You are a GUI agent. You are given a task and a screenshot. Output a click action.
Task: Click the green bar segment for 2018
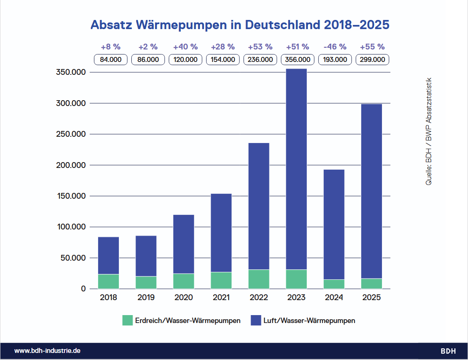(x=108, y=281)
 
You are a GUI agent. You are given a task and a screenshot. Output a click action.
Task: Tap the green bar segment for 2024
(x=334, y=284)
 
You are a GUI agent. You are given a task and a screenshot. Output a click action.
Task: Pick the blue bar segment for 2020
(x=184, y=244)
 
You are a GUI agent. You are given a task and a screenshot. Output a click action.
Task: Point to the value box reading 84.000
(x=111, y=59)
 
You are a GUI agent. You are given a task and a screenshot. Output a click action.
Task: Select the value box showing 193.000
(x=335, y=59)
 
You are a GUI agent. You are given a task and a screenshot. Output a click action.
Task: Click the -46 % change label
(x=335, y=47)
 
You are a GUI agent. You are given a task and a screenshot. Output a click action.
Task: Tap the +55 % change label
(x=372, y=47)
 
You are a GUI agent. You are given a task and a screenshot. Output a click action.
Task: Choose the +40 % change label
(x=185, y=47)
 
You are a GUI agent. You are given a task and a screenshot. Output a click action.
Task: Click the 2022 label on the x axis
(x=259, y=298)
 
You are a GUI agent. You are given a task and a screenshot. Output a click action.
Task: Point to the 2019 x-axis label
(x=146, y=298)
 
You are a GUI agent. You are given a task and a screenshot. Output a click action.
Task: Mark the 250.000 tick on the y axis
(x=71, y=134)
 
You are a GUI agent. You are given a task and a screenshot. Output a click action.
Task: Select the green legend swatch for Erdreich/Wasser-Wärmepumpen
(x=127, y=321)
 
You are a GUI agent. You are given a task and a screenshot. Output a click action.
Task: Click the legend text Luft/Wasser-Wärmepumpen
(x=309, y=321)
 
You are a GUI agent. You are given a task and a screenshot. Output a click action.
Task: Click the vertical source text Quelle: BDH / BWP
(x=429, y=131)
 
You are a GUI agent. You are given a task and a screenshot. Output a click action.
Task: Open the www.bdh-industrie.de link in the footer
(x=47, y=351)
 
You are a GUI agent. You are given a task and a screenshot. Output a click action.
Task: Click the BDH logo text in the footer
(x=448, y=351)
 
